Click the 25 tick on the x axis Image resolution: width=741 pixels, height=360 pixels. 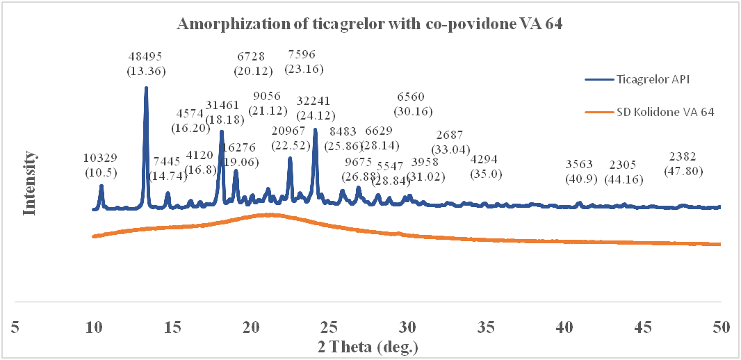pyautogui.click(x=329, y=327)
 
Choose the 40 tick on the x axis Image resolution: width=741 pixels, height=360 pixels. pyautogui.click(x=564, y=327)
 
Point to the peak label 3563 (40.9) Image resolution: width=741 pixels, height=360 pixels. pyautogui.click(x=579, y=171)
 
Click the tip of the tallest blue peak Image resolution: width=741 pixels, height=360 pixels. pyautogui.click(x=146, y=88)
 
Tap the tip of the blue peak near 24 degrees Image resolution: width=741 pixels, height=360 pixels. pyautogui.click(x=316, y=129)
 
